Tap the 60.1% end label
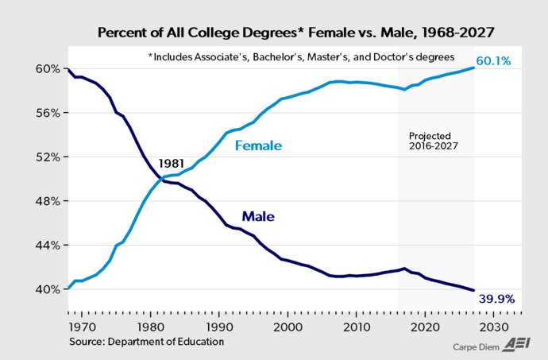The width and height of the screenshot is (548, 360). [x=494, y=61]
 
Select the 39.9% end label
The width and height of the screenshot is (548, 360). [x=496, y=300]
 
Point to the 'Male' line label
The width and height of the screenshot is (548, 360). [x=258, y=215]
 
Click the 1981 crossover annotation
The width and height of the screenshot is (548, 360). [x=172, y=164]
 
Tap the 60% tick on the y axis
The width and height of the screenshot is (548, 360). [x=48, y=68]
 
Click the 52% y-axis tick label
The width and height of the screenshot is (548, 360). [x=48, y=157]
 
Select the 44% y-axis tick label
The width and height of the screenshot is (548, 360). [x=48, y=246]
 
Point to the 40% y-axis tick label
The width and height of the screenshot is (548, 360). [x=48, y=289]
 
